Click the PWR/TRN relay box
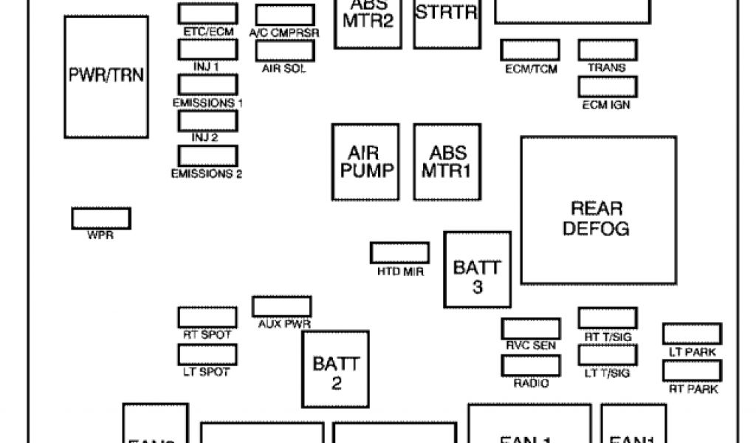click(x=106, y=76)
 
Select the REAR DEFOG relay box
click(x=598, y=210)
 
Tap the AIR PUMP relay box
click(x=365, y=162)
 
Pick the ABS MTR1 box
click(x=447, y=162)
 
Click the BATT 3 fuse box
click(x=477, y=269)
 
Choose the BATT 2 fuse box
click(x=336, y=368)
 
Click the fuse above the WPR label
click(x=101, y=219)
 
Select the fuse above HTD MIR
click(x=399, y=253)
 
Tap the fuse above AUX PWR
click(x=281, y=306)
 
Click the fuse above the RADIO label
click(x=530, y=365)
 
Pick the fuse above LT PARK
click(x=692, y=334)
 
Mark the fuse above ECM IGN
click(x=608, y=87)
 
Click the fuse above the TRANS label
click(x=608, y=50)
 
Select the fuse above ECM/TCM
click(x=530, y=50)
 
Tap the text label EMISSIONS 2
click(x=207, y=174)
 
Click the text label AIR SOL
click(x=284, y=69)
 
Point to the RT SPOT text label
click(x=207, y=335)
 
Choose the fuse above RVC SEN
click(x=530, y=329)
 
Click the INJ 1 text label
click(x=207, y=66)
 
